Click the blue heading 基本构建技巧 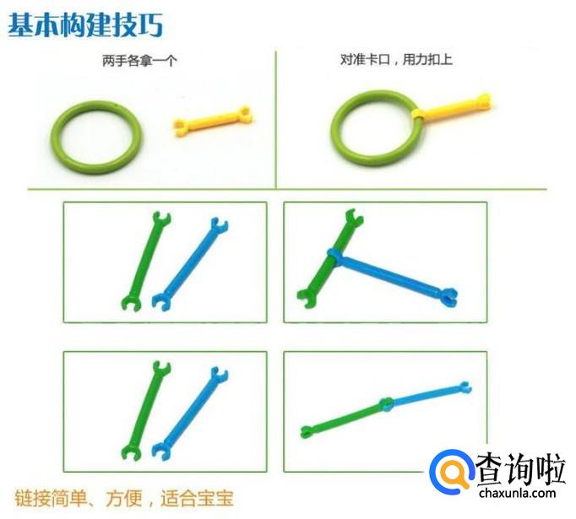[x=85, y=25]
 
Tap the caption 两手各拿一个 [x=139, y=61]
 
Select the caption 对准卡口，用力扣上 [x=396, y=59]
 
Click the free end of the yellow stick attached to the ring [x=484, y=100]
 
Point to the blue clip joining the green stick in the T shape [x=334, y=256]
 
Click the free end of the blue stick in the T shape [x=449, y=296]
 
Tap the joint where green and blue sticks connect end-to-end [x=387, y=403]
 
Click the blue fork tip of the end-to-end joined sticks [x=465, y=387]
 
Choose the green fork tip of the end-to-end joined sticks [x=307, y=431]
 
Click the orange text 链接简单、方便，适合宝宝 [x=124, y=498]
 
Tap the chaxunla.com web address [x=517, y=493]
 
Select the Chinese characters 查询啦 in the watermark [x=520, y=468]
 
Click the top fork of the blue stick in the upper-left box [x=219, y=224]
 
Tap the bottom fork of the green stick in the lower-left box [x=131, y=453]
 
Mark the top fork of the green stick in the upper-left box [x=161, y=218]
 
